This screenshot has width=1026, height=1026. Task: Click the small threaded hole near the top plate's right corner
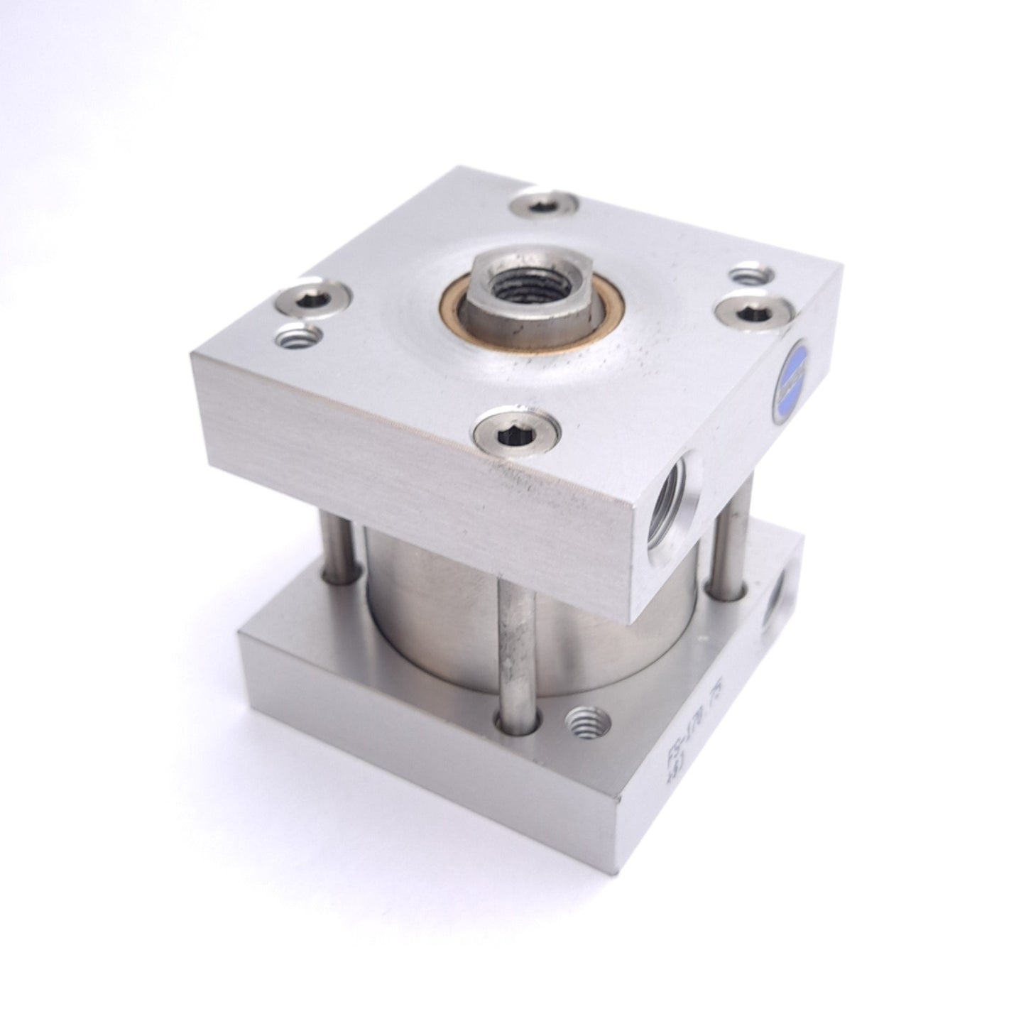pyautogui.click(x=748, y=273)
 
